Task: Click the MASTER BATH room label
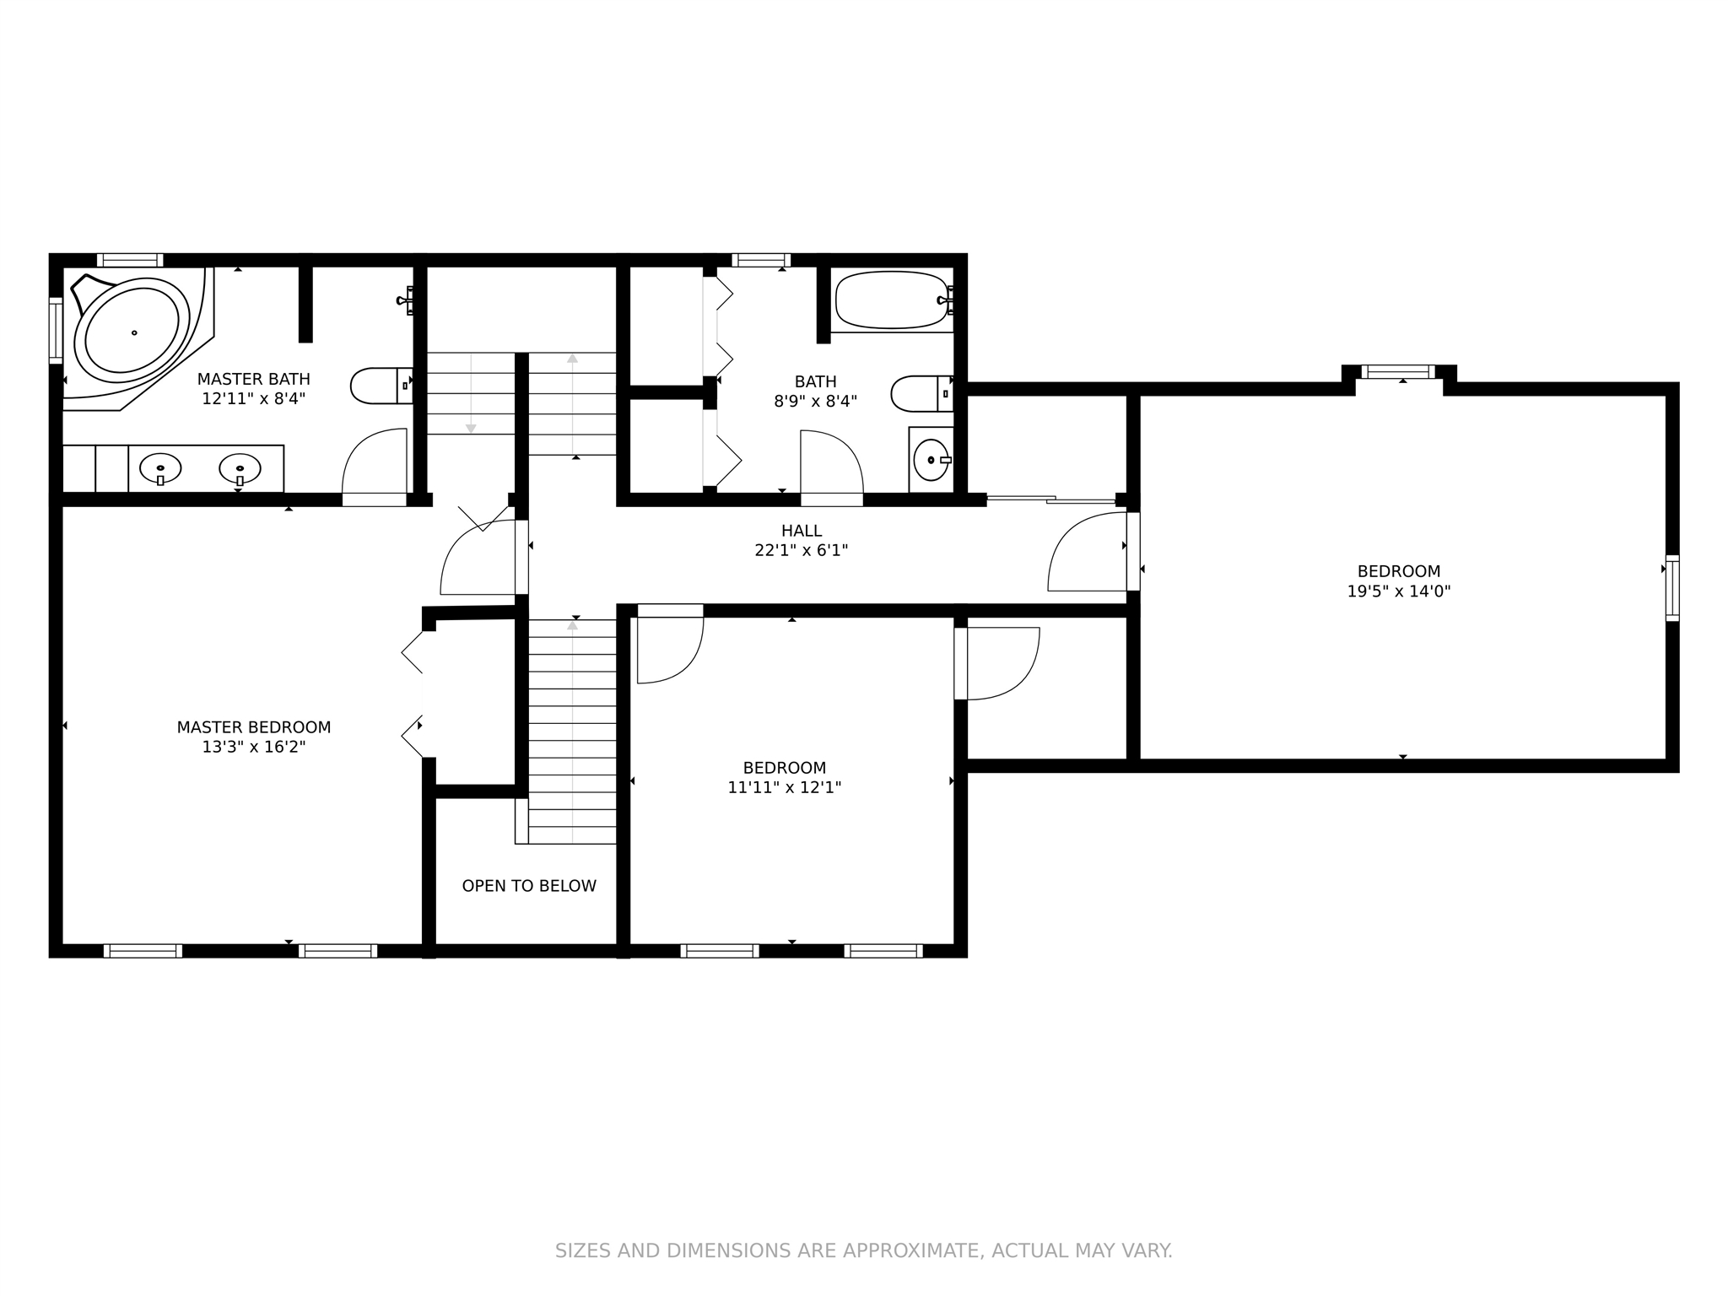254,380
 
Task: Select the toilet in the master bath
381,386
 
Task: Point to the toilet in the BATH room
922,393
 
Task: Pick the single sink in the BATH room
932,460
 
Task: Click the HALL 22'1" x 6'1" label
802,541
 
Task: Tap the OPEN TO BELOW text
529,886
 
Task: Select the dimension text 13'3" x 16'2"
254,747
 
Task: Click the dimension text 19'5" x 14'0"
1399,591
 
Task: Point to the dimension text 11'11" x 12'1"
785,788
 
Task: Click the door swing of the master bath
375,467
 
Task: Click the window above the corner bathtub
130,260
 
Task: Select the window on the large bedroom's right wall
1672,588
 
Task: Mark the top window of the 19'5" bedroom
1398,371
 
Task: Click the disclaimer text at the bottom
863,1250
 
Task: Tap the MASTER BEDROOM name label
254,727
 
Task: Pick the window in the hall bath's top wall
761,260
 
